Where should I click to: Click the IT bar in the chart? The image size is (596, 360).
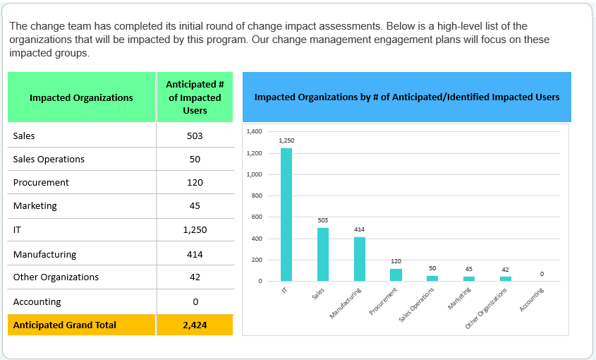286,215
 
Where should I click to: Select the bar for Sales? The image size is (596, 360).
322,254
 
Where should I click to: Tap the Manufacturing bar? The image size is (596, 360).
360,259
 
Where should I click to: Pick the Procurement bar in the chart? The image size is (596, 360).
396,275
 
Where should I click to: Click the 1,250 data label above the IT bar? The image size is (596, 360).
286,140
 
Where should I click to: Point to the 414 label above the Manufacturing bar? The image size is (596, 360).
360,229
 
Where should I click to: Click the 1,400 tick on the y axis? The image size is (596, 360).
255,131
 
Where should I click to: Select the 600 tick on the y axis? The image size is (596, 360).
257,217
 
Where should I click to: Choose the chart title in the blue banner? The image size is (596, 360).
407,97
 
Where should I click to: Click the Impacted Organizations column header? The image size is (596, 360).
81,97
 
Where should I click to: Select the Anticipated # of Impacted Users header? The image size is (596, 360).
195,97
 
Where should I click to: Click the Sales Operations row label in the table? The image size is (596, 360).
49,159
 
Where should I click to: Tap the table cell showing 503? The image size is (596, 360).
195,136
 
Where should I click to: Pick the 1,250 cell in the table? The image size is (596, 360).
195,230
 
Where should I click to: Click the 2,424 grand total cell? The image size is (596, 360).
195,325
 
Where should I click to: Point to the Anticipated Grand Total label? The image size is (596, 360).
65,325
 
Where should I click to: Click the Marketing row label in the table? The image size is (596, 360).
35,206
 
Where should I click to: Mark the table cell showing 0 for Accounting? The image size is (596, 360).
195,302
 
